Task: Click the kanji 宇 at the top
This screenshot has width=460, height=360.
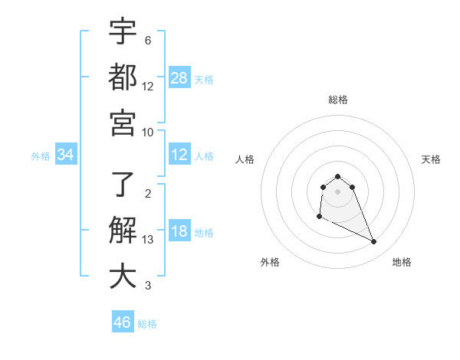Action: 123,33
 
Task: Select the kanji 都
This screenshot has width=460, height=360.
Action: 123,77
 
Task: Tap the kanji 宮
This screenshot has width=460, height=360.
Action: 123,122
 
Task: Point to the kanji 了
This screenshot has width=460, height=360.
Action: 123,184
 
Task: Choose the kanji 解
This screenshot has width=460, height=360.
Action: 123,231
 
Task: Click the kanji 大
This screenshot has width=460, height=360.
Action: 123,277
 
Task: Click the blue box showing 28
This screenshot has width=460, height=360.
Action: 179,77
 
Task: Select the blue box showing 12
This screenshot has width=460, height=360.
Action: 179,155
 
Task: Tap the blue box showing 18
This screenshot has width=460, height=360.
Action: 179,232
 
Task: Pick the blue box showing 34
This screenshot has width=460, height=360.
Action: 66,155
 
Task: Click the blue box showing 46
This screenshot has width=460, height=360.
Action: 123,322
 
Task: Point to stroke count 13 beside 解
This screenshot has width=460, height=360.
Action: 148,240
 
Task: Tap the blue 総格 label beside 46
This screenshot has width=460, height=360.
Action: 147,324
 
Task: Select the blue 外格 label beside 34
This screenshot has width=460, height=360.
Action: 41,156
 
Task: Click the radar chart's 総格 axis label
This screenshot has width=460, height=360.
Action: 337,100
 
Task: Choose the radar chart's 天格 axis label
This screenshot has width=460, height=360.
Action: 432,159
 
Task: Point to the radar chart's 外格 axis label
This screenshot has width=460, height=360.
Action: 270,262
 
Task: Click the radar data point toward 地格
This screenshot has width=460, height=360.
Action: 374,242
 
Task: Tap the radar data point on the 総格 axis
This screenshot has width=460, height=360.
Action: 337,177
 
